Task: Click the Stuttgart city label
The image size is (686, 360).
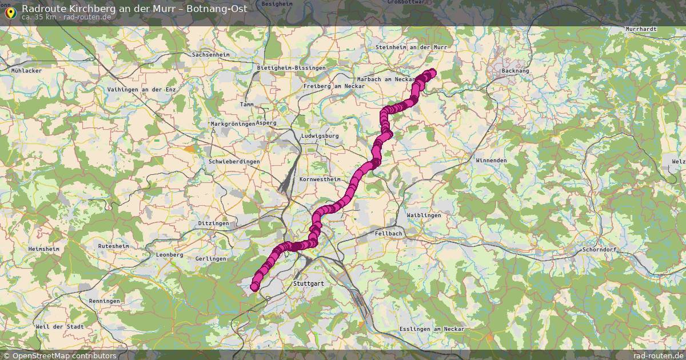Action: point(308,283)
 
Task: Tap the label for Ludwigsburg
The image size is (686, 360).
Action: point(320,136)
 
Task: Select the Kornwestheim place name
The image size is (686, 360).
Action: point(320,179)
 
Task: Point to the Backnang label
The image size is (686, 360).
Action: point(514,71)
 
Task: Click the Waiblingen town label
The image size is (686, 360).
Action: point(424,215)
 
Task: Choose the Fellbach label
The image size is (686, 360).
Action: point(389,234)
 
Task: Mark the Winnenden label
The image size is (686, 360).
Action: point(491,161)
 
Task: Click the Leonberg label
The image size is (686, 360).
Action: point(169,255)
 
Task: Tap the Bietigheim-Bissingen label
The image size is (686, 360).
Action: point(292,68)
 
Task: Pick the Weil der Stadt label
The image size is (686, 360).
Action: point(59,326)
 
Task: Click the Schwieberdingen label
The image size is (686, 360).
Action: point(234,162)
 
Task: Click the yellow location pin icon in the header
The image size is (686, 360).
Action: point(10,11)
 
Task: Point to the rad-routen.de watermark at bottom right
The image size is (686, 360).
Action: point(659,355)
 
